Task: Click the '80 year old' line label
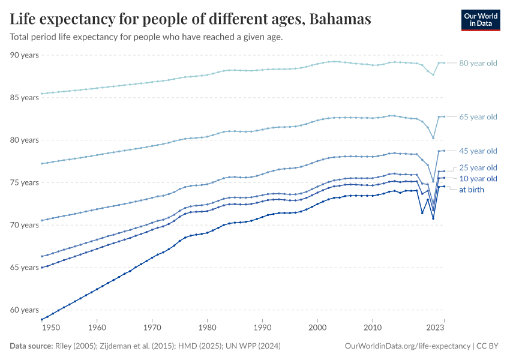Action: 478,63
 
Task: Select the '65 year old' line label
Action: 478,116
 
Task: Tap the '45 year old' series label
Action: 478,151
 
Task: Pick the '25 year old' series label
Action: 478,167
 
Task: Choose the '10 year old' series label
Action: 478,179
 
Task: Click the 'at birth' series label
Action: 471,190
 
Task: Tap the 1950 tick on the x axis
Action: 51,328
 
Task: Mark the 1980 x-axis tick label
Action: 207,328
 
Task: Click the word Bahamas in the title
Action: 340,19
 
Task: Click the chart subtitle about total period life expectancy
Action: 146,37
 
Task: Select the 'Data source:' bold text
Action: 31,346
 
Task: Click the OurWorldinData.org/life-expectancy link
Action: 407,346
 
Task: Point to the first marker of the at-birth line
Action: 41,319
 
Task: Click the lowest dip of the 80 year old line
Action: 433,75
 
